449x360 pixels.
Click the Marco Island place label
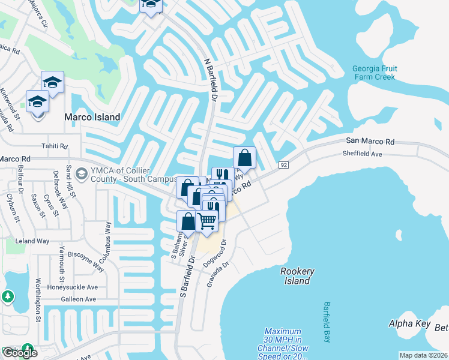94,117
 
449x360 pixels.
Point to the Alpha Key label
410,324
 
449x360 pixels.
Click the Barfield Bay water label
327,323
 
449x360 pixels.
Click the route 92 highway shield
284,164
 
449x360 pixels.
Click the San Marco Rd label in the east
370,142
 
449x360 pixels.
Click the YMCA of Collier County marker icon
80,174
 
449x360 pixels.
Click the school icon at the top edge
151,5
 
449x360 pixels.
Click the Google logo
20,353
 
